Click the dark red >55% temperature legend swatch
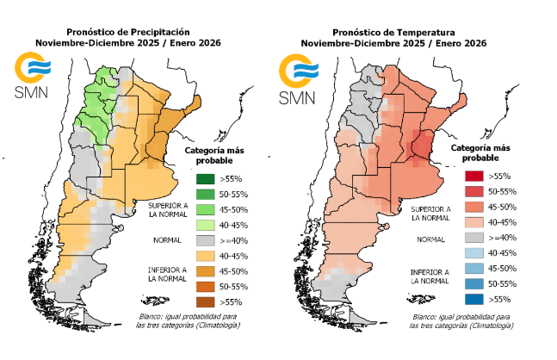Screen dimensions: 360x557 pyautogui.click(x=471, y=176)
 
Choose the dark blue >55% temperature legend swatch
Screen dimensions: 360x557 pyautogui.click(x=471, y=299)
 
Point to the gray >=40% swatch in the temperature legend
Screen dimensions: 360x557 pyautogui.click(x=471, y=237)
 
